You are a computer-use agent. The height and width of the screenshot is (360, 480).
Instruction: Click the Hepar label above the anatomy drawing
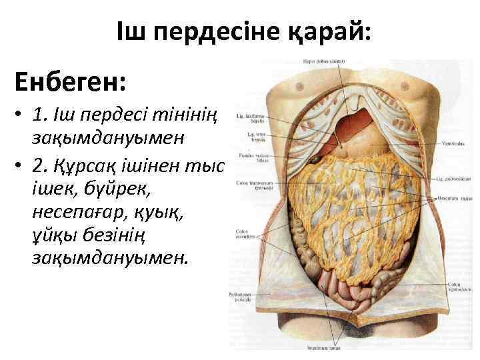tap(319, 61)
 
